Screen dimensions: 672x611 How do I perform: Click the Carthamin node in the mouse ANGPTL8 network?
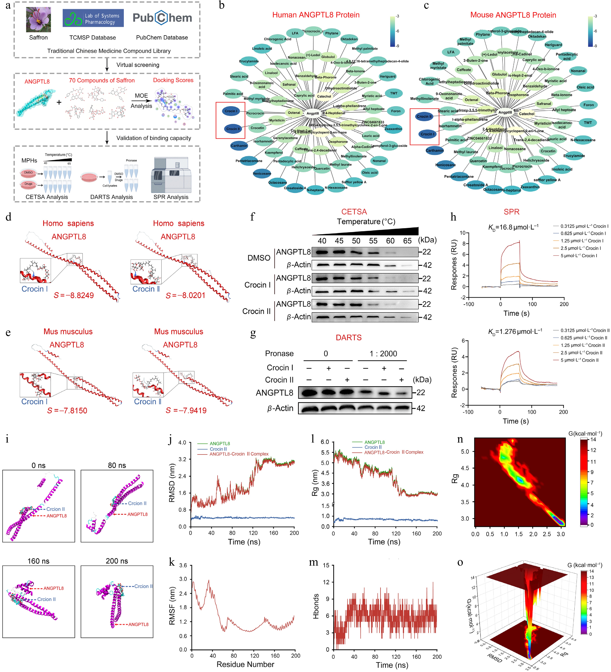click(x=434, y=150)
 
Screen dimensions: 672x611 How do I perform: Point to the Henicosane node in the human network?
click(x=262, y=173)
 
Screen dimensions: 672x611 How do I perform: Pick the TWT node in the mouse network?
click(x=588, y=123)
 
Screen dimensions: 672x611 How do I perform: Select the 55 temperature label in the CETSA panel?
click(x=373, y=241)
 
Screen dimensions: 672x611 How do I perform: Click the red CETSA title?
click(x=354, y=212)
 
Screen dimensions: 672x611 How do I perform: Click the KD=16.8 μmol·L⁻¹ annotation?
click(x=513, y=227)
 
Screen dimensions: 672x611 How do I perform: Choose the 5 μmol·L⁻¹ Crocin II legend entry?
click(x=579, y=360)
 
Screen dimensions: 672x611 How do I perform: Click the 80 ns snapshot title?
click(x=117, y=465)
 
